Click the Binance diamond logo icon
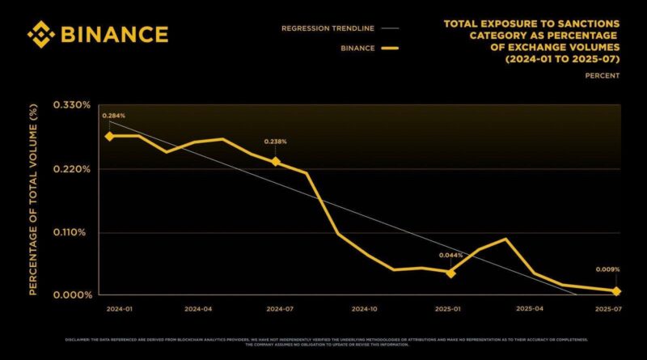click(x=41, y=35)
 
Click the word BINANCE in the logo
click(x=113, y=35)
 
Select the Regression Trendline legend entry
click(x=328, y=28)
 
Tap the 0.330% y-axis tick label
click(x=72, y=105)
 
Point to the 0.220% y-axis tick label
click(x=72, y=169)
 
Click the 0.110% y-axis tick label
click(x=72, y=232)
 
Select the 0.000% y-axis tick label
click(x=72, y=295)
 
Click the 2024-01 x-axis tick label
click(x=120, y=309)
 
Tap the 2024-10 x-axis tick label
click(x=365, y=309)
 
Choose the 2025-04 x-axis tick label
click(x=530, y=309)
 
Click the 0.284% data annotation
click(x=114, y=116)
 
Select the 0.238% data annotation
click(x=276, y=142)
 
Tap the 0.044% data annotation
click(x=451, y=256)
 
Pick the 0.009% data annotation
click(x=608, y=270)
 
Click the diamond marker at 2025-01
click(x=450, y=273)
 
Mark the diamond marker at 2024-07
click(x=276, y=162)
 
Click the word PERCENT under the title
click(x=603, y=75)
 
